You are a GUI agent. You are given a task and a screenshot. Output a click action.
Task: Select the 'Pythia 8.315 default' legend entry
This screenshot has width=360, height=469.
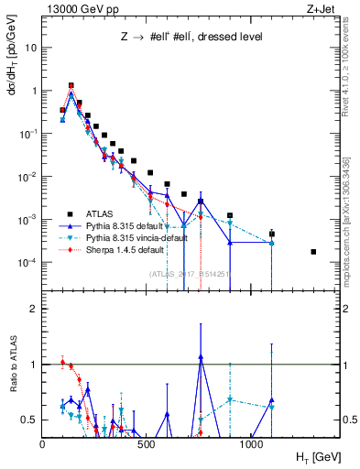click(x=133, y=224)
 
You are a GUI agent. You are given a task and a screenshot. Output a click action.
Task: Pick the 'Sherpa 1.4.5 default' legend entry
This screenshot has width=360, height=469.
click(x=134, y=248)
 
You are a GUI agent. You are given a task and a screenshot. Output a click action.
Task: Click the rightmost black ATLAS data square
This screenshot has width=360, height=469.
click(x=314, y=252)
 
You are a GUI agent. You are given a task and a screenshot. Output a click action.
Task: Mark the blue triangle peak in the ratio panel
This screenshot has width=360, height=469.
click(x=201, y=357)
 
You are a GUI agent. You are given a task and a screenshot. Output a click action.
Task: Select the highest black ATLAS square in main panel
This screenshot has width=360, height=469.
click(x=71, y=85)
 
